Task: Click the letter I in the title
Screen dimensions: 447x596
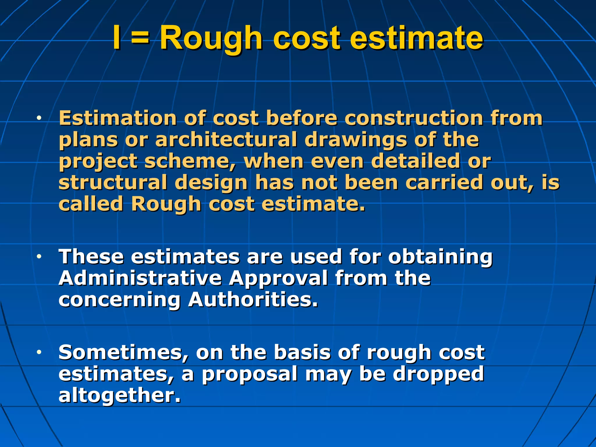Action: (x=117, y=38)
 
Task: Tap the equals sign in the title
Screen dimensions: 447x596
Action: (x=140, y=38)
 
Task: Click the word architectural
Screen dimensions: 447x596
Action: (x=226, y=139)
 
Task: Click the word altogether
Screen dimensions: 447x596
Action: (x=119, y=395)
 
